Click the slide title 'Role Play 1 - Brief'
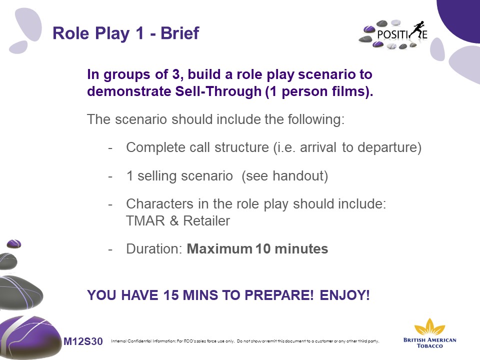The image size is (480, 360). (x=126, y=33)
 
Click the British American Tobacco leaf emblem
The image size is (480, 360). (x=429, y=326)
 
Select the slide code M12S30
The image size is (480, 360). (x=83, y=341)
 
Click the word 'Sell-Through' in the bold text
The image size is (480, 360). (x=218, y=91)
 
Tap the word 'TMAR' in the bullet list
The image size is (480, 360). (x=145, y=220)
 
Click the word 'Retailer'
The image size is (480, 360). (x=206, y=220)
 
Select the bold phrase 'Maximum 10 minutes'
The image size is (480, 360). (x=257, y=248)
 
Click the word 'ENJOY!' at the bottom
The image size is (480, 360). (x=344, y=295)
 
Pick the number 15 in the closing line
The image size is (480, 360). (x=171, y=295)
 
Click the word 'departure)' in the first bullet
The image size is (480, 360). (x=389, y=147)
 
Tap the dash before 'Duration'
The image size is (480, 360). (x=110, y=249)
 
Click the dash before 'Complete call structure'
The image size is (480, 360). (x=110, y=148)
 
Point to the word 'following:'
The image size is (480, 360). (x=316, y=119)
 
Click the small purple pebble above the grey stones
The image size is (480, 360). (x=14, y=243)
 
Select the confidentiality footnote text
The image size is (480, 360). (x=245, y=341)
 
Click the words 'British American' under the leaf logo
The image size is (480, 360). (x=430, y=340)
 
